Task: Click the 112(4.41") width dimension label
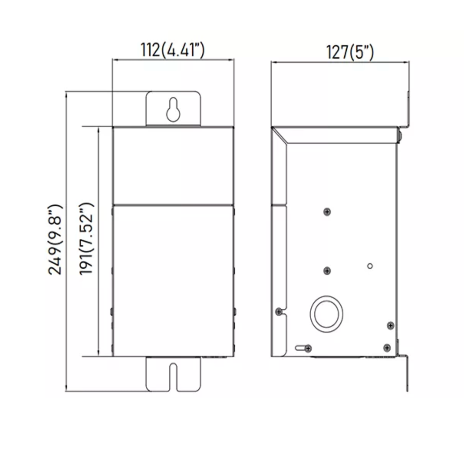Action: coord(172,50)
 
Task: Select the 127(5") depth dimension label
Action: coord(350,52)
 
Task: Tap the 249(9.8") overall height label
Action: coord(55,239)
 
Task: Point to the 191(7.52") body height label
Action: coord(86,239)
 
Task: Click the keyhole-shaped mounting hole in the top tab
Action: coord(173,110)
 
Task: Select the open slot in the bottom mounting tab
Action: coord(173,377)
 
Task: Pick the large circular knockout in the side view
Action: coord(326,314)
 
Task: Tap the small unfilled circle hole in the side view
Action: coord(370,266)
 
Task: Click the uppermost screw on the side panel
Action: coord(327,212)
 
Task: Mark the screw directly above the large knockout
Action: coord(327,271)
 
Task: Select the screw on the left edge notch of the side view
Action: coord(279,312)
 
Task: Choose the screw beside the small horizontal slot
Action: coord(308,349)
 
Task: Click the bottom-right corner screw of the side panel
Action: coord(387,348)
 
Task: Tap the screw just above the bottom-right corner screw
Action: coord(390,325)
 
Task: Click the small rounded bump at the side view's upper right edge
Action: coord(399,136)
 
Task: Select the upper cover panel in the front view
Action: coord(173,165)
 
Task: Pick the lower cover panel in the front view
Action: coord(173,281)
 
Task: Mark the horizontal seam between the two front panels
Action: coord(173,205)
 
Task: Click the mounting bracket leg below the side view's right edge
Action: coord(407,373)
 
